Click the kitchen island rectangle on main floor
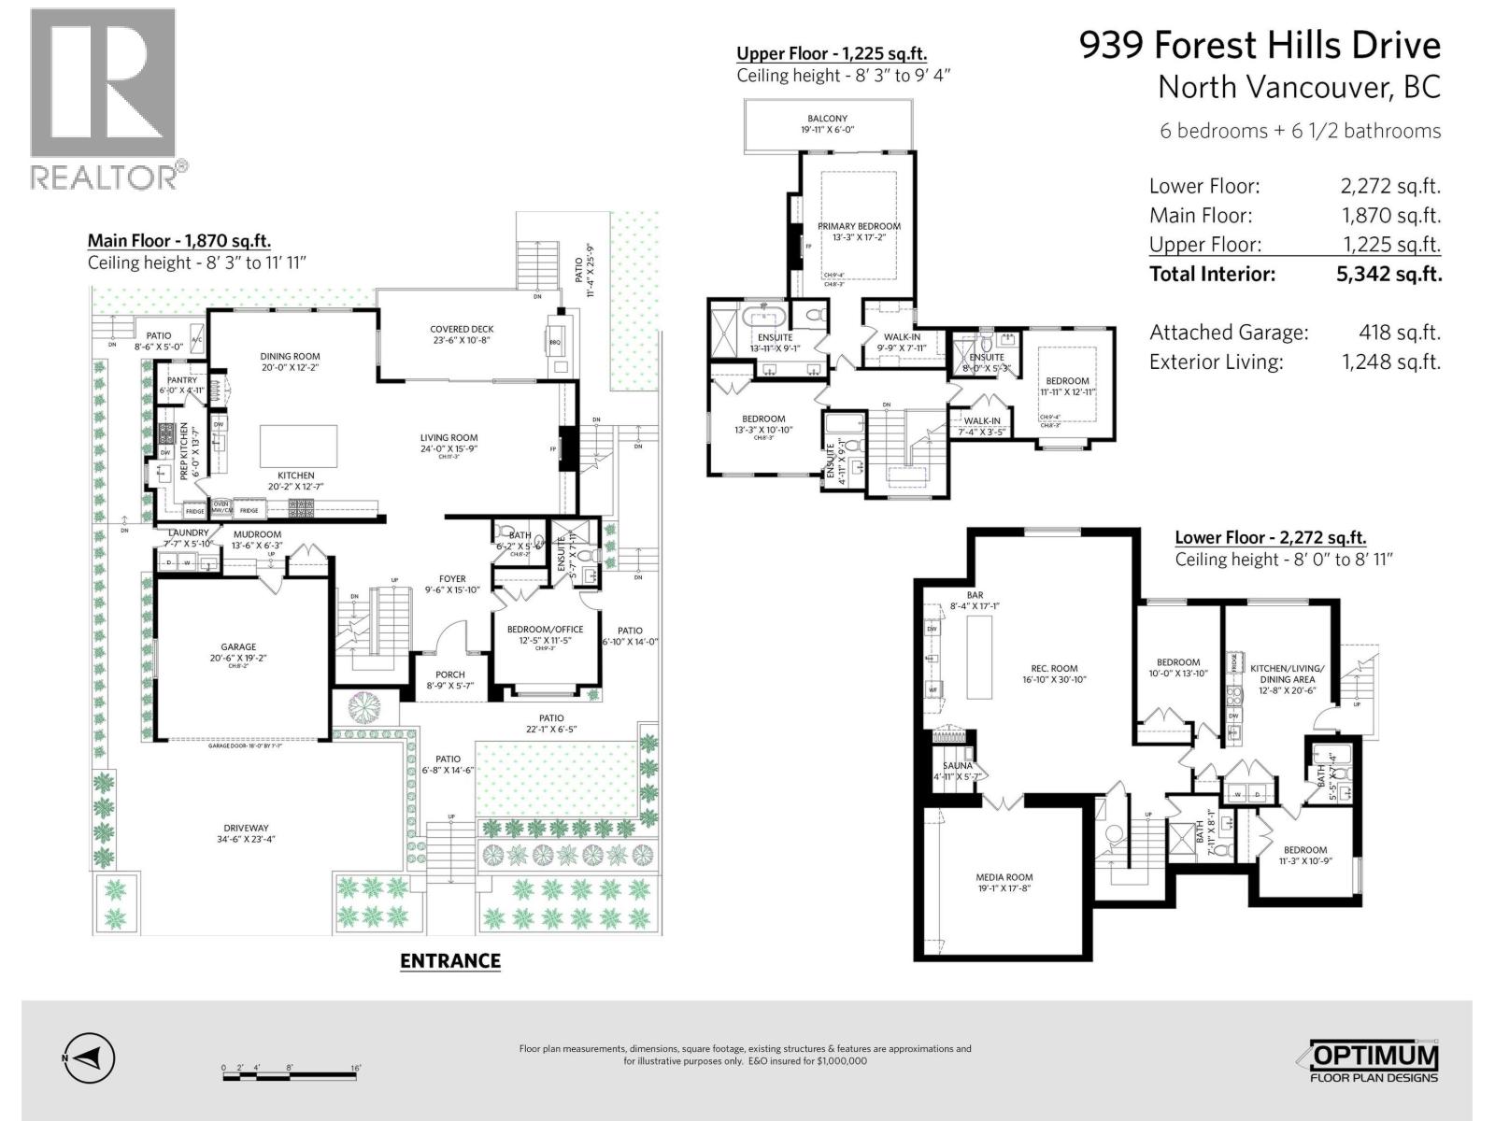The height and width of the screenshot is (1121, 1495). pyautogui.click(x=298, y=445)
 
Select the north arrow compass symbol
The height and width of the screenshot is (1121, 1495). pyautogui.click(x=90, y=1058)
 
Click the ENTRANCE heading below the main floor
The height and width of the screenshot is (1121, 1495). pyautogui.click(x=450, y=960)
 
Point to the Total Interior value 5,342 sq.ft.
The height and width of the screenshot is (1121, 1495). pyautogui.click(x=1388, y=274)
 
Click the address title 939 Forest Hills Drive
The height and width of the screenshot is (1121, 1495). pyautogui.click(x=1260, y=45)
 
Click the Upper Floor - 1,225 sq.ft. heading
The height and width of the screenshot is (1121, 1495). pyautogui.click(x=831, y=53)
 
